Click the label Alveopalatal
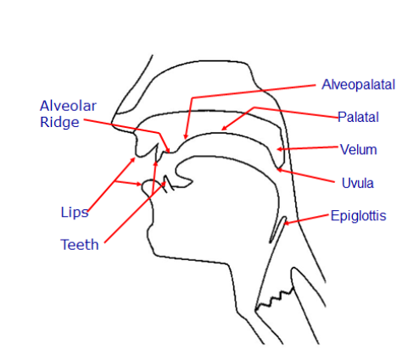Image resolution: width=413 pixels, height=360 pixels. tap(358, 85)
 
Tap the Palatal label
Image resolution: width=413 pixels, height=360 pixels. tap(358, 117)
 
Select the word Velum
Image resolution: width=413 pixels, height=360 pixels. tap(359, 149)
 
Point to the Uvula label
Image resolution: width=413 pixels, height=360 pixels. tap(358, 183)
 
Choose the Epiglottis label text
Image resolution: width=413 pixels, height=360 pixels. tap(359, 216)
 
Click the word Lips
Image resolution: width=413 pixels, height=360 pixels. tap(75, 212)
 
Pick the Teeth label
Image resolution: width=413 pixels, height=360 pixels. tap(80, 245)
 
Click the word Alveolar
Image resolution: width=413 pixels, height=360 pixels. tap(68, 106)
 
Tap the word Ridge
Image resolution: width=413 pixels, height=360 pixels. tap(59, 123)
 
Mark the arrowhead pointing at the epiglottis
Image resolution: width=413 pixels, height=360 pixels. tap(284, 224)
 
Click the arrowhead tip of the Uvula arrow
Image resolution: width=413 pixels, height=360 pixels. tap(277, 169)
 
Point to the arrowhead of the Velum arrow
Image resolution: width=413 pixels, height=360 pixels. tap(276, 149)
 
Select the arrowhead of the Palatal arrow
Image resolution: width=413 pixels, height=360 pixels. tap(222, 130)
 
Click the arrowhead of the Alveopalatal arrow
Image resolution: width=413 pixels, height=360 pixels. tap(185, 139)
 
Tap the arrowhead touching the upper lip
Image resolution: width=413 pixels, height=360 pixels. tap(135, 158)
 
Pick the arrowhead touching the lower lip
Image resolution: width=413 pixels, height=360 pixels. tap(141, 185)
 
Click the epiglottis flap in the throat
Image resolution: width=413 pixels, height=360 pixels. tap(278, 230)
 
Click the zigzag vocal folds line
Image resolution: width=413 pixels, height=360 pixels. tap(274, 300)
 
